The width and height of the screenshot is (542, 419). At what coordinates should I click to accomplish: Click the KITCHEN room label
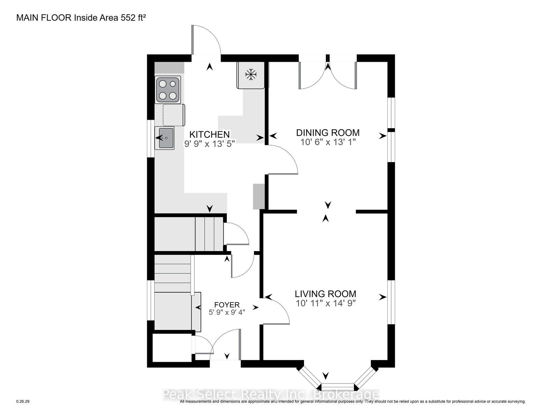pos(209,134)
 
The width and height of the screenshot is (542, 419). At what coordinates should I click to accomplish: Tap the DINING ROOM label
pos(328,133)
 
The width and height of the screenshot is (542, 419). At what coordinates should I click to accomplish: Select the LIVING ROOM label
pos(325,294)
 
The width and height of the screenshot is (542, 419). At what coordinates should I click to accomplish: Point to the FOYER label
pos(227,305)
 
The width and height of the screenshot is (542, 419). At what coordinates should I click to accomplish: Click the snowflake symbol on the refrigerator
pos(251,74)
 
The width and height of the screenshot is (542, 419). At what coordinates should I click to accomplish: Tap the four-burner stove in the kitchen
pos(168,90)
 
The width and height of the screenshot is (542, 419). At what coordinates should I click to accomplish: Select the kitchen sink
pos(164,138)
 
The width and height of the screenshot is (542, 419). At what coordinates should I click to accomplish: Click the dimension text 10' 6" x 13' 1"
pos(328,142)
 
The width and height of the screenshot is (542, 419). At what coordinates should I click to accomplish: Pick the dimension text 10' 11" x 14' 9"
pos(326,303)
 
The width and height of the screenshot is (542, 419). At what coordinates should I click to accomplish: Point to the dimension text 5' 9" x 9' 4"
pos(227,312)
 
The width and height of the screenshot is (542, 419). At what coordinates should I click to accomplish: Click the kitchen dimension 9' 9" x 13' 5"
pos(209,144)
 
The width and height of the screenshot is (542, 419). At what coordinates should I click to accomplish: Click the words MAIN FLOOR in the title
pos(44,18)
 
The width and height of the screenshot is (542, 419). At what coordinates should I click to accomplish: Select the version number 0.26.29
pos(23,402)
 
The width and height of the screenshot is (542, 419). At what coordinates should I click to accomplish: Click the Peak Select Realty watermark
pos(270,394)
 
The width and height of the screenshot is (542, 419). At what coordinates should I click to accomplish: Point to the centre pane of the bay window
pos(337,387)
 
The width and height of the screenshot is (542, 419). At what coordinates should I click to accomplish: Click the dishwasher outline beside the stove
pos(174,115)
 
